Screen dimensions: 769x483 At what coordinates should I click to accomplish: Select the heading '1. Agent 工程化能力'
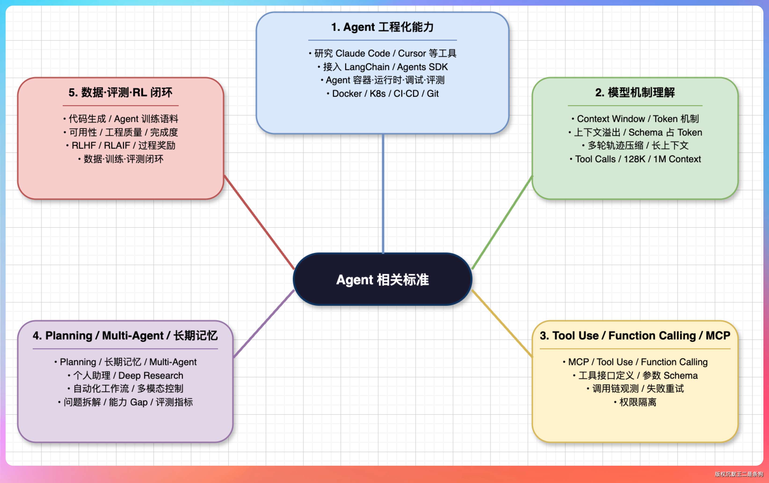382,27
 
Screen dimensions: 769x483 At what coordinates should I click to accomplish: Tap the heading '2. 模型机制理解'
635,93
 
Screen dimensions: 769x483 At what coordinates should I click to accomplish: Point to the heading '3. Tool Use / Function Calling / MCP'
635,335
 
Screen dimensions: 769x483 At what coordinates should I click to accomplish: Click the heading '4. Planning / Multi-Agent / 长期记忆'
125,335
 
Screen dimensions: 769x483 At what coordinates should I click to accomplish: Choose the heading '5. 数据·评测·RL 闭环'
120,93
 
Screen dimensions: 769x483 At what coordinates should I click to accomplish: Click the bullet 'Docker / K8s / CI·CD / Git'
383,94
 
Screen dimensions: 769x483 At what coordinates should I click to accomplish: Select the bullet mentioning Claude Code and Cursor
383,53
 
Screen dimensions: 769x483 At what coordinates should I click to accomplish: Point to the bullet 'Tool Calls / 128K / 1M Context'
635,159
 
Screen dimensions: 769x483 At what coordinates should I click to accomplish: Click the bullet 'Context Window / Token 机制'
635,119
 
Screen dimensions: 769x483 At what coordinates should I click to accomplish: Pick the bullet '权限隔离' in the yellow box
635,402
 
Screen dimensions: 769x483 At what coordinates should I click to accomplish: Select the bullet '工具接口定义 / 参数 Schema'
635,375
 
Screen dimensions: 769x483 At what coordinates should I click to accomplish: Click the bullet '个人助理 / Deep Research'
125,375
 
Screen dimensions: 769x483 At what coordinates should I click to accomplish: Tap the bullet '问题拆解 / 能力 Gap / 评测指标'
125,402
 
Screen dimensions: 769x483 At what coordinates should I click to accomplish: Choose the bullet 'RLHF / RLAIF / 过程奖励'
120,146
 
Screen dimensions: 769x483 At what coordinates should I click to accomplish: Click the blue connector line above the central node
383,193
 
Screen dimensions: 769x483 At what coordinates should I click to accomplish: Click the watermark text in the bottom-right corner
739,474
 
